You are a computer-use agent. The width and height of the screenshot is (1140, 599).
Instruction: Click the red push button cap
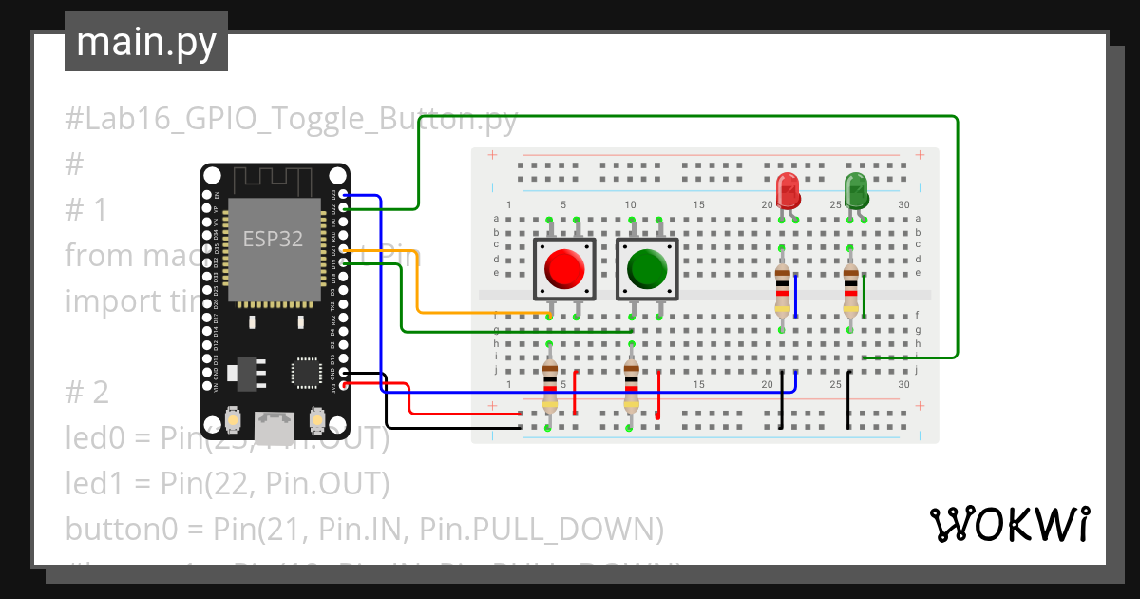point(564,269)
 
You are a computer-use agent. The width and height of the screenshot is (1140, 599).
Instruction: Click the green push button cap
point(647,269)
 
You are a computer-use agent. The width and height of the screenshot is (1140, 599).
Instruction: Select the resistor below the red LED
point(782,287)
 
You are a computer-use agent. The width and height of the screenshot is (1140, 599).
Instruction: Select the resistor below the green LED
point(850,287)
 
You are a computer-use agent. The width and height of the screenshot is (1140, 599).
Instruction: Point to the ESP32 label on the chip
point(273,239)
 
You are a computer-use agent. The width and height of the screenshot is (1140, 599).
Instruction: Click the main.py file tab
point(146,42)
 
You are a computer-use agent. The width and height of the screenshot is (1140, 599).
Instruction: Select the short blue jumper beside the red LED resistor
point(796,296)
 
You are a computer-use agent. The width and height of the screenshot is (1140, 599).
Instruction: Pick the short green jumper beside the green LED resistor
point(864,296)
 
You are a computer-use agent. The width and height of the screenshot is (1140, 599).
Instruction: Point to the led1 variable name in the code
point(92,483)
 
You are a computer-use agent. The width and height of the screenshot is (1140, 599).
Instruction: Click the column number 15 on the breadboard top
point(698,205)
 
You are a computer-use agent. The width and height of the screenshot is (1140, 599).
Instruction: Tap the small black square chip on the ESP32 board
point(307,372)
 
